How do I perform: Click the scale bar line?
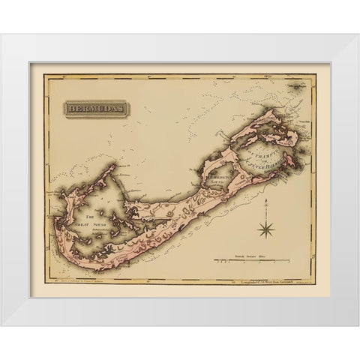[251, 260]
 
